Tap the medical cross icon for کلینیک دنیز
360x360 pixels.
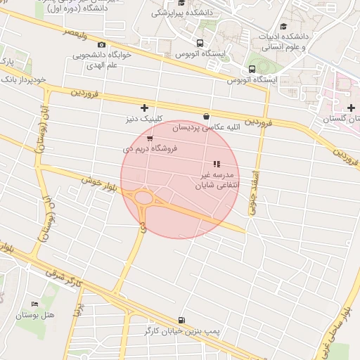tap(145, 108)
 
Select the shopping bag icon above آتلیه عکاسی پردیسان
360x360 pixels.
tap(206, 117)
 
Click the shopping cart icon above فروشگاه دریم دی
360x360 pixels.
tap(150, 138)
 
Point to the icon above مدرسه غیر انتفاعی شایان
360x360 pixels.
tap(216, 164)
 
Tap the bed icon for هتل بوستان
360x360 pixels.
tap(34, 304)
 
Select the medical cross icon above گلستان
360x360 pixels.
tap(351, 108)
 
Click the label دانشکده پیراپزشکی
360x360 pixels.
tap(180, 13)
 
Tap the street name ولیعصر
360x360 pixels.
tap(77, 32)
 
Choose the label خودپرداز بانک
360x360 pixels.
tap(23, 80)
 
